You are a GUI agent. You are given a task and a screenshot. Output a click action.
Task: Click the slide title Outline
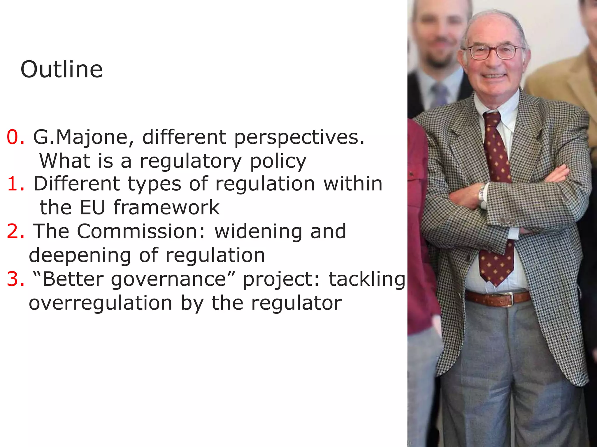pyautogui.click(x=62, y=70)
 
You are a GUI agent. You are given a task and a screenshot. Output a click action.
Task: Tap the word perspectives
pyautogui.click(x=299, y=138)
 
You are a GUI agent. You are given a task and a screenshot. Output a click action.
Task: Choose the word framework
pyautogui.click(x=166, y=207)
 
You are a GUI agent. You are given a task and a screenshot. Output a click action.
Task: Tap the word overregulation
pyautogui.click(x=101, y=303)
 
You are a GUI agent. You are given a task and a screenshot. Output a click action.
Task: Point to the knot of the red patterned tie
pyautogui.click(x=492, y=118)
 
